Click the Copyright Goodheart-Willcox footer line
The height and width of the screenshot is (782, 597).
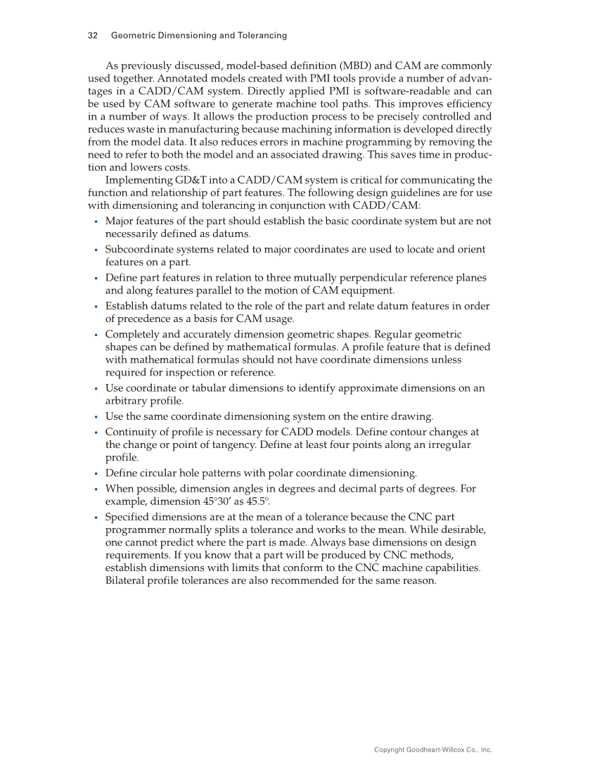click(x=432, y=750)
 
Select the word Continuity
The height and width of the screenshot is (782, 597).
click(x=135, y=431)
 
